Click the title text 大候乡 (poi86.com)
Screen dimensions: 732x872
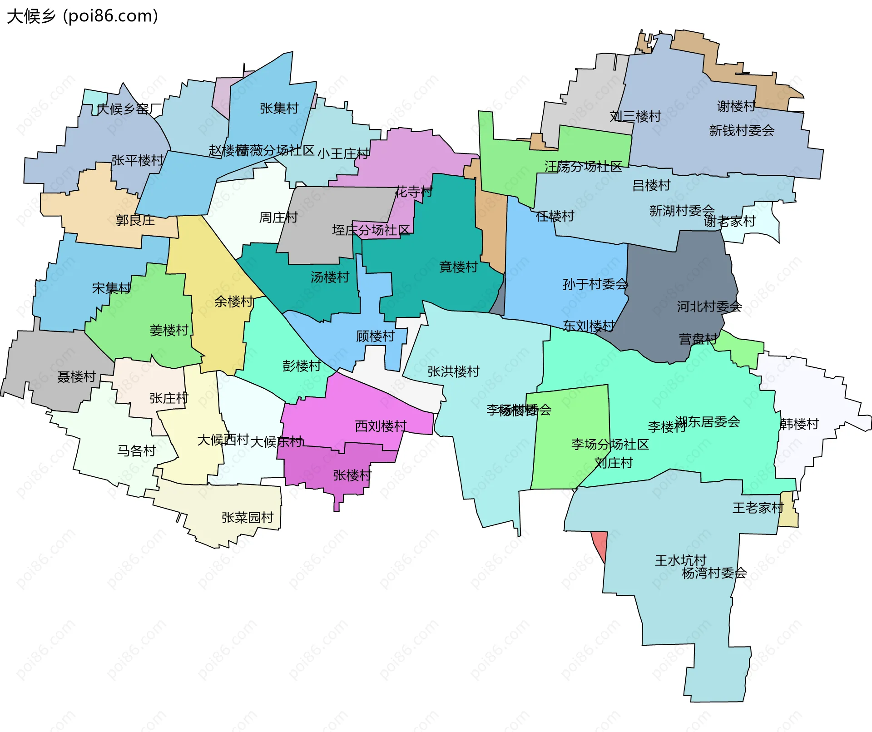[82, 16]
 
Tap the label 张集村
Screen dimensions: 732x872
[279, 108]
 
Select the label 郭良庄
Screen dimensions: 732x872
[135, 220]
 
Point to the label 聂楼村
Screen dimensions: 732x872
[76, 376]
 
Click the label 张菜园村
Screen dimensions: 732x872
[248, 517]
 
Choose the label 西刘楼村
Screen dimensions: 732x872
[381, 426]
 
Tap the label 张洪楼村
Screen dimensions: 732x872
[453, 371]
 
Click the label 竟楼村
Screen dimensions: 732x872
[458, 267]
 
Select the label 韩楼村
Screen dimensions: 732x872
[799, 424]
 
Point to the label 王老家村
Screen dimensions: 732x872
[758, 508]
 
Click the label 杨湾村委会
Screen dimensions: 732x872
[714, 573]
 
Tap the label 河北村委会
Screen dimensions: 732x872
[709, 307]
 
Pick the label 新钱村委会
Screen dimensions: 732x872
[742, 131]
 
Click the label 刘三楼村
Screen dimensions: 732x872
[635, 117]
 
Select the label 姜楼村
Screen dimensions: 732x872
[169, 330]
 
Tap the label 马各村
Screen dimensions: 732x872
[136, 450]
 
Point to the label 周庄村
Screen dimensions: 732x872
[278, 218]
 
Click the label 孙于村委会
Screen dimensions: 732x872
[595, 284]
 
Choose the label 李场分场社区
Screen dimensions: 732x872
[609, 444]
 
